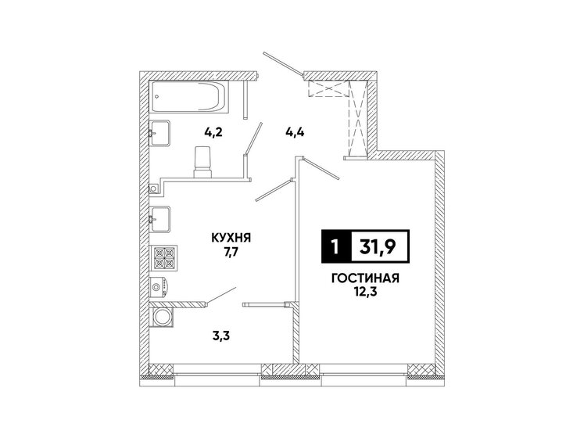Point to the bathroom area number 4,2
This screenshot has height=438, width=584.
click(213, 132)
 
